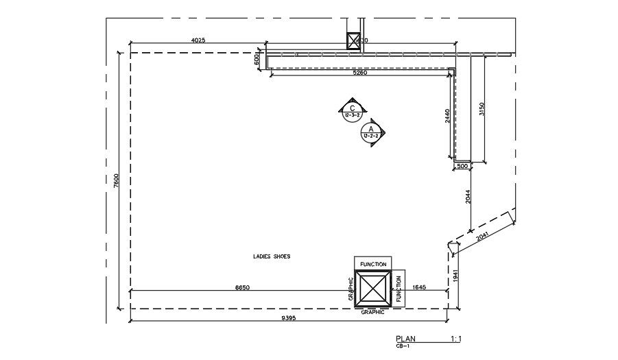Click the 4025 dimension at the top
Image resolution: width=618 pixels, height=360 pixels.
(198, 40)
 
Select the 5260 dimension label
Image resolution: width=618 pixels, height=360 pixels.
(360, 73)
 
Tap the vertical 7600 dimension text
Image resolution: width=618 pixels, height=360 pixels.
(117, 181)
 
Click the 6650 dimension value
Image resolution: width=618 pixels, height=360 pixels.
(242, 288)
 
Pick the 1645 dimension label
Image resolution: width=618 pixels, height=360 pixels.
(419, 288)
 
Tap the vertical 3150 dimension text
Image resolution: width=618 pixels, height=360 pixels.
(482, 110)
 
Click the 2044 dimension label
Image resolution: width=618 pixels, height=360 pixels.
(468, 197)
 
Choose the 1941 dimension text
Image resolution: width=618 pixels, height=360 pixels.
(456, 276)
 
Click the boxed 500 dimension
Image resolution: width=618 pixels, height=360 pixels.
(462, 166)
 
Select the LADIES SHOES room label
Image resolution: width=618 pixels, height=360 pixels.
(272, 256)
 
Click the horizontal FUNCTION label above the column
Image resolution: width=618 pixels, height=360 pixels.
(373, 264)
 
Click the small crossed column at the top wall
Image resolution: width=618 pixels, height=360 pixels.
(353, 41)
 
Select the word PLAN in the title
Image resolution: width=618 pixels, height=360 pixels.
(405, 339)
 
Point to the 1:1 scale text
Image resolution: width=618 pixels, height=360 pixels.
(457, 339)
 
